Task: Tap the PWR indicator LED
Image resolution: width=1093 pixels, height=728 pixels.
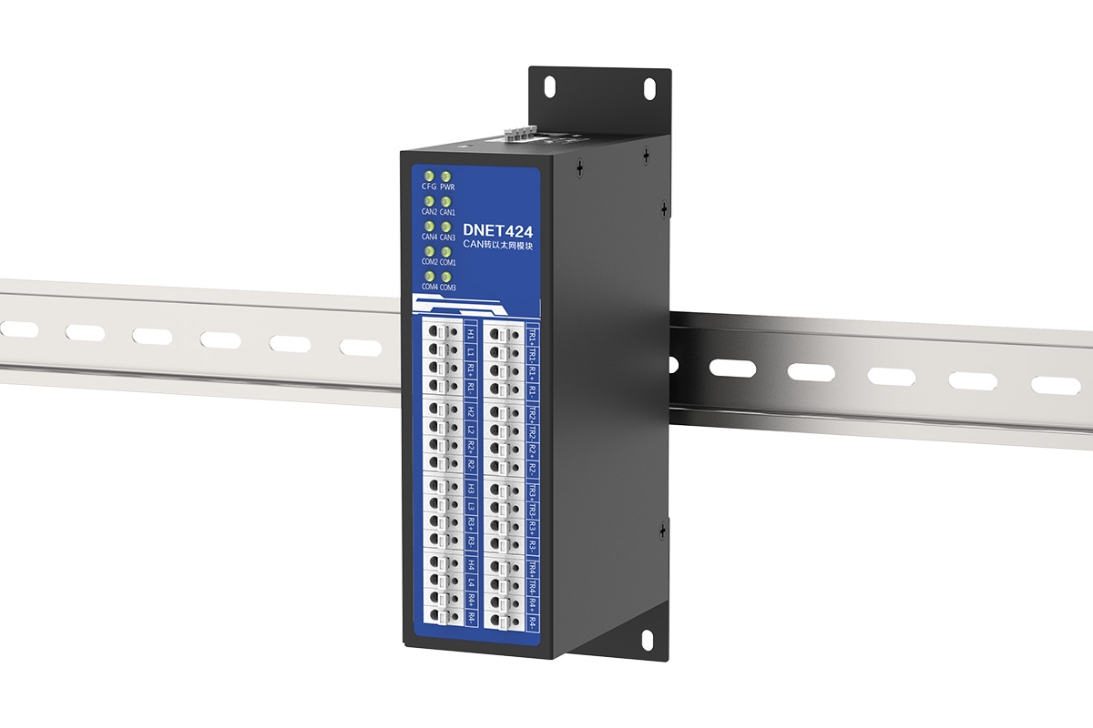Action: [446, 175]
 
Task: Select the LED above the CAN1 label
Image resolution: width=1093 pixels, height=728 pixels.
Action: [446, 200]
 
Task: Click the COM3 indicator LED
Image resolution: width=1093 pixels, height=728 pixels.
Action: [446, 276]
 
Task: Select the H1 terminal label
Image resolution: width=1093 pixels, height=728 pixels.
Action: [470, 334]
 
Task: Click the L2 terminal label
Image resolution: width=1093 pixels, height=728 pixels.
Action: [470, 429]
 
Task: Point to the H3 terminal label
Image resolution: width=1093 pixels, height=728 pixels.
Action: [470, 487]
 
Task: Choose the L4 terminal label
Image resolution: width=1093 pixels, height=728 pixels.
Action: [470, 581]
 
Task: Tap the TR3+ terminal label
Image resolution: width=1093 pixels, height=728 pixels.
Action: [533, 491]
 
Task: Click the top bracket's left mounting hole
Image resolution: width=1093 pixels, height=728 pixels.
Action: [550, 84]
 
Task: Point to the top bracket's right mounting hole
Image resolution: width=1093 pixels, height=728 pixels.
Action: [649, 87]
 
